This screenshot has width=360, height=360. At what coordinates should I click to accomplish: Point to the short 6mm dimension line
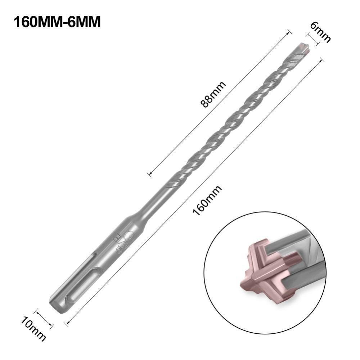pos(312,40)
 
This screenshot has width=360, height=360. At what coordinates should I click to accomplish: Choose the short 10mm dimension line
pos(44,318)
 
